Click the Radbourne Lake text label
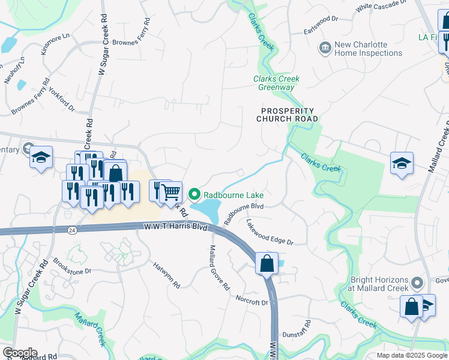tap(234, 195)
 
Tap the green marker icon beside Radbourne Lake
tap(194, 194)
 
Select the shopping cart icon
tap(171, 192)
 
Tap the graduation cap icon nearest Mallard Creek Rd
tap(402, 163)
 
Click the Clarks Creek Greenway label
tap(276, 83)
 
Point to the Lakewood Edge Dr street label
tap(270, 232)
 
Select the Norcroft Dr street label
tap(252, 300)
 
